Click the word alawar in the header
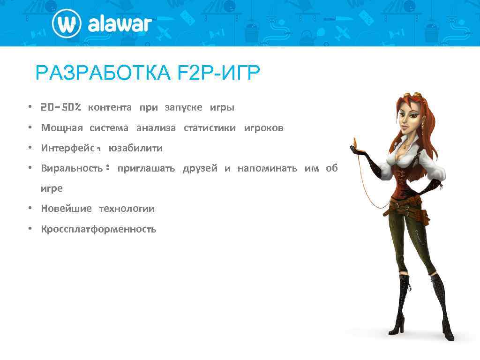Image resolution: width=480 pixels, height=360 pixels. tap(120, 24)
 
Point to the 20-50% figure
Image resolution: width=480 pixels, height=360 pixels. tap(61, 107)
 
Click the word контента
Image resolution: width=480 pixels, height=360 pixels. tap(110, 107)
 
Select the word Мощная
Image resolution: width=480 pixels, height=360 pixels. tap(62, 128)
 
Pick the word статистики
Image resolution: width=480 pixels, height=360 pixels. tap(210, 128)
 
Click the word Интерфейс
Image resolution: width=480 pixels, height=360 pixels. tap(68, 148)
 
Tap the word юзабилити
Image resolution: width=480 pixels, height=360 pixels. tap(135, 148)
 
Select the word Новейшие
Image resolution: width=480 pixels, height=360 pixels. tap(66, 209)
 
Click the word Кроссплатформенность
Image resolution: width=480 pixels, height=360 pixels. tap(98, 229)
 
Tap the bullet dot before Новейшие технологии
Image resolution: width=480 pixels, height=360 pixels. tap(29, 209)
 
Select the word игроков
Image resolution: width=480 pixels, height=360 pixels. tap(263, 128)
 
